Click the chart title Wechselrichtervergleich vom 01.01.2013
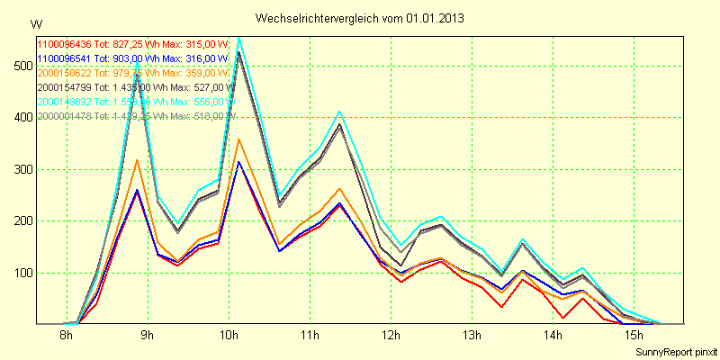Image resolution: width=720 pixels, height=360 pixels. click(x=360, y=18)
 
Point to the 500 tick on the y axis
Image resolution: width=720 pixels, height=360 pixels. click(x=20, y=66)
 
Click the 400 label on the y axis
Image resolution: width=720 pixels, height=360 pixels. click(x=20, y=117)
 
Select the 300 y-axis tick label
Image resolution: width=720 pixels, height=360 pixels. click(x=20, y=169)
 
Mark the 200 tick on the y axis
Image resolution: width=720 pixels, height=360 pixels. click(x=20, y=220)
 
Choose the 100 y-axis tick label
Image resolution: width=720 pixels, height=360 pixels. click(x=20, y=273)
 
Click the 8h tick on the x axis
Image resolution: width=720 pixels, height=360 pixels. click(x=66, y=337)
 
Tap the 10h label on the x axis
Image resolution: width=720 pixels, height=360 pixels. click(x=229, y=337)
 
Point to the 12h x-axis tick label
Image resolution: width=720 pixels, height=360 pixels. click(x=391, y=337)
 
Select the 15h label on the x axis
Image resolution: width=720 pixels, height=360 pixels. click(x=634, y=337)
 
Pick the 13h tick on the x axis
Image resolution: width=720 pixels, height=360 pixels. click(x=472, y=337)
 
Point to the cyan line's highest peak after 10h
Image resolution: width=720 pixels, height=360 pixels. click(x=238, y=38)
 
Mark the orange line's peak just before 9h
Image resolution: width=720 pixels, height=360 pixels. click(x=137, y=160)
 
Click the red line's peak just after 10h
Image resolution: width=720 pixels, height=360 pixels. click(x=238, y=162)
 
